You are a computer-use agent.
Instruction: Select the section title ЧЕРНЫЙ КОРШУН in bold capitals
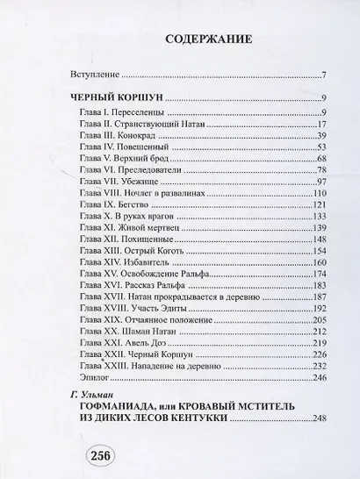tap(115, 97)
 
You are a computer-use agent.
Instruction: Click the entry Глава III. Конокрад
tap(123, 136)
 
